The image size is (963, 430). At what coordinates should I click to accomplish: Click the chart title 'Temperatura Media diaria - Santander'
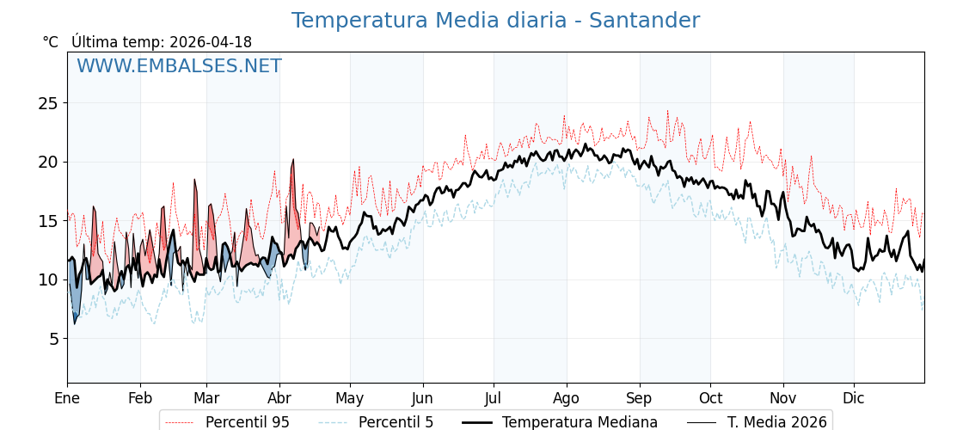(x=495, y=21)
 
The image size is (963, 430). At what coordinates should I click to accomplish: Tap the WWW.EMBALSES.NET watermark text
(x=179, y=66)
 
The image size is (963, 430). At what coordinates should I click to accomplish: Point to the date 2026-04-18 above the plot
(x=211, y=42)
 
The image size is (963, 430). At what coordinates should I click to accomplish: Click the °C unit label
(x=50, y=42)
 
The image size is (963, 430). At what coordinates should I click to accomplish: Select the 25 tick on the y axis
(x=48, y=103)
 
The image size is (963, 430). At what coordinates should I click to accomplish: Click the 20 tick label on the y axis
(x=48, y=162)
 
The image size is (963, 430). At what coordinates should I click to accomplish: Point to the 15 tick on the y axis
(x=48, y=221)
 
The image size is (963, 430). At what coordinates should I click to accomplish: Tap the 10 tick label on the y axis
(x=48, y=279)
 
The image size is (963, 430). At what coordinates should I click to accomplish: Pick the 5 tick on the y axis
(x=52, y=339)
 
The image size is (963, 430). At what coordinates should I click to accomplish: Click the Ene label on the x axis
(x=67, y=398)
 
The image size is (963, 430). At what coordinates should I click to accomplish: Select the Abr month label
(x=279, y=398)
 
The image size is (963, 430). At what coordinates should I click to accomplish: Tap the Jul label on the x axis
(x=494, y=398)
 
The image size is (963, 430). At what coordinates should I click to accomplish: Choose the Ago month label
(x=567, y=398)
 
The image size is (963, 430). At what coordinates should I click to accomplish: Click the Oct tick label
(x=710, y=398)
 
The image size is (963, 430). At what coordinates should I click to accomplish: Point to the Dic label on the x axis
(x=854, y=398)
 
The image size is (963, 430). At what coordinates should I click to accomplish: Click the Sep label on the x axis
(x=640, y=398)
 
